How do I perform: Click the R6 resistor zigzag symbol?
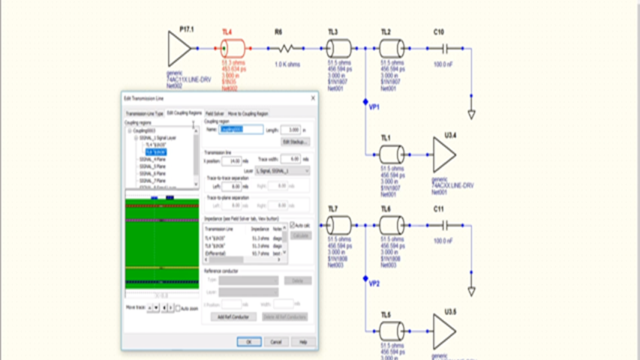285,49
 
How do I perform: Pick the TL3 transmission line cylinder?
338,49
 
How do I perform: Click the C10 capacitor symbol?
444,49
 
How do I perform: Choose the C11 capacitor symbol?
444,224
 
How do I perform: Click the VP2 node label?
374,283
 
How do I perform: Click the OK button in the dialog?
248,341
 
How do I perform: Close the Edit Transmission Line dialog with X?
312,98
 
